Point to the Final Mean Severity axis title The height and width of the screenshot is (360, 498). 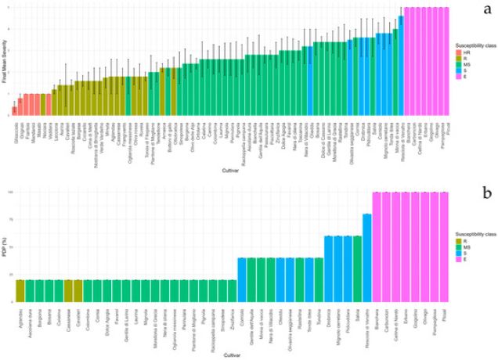pyautogui.click(x=6, y=63)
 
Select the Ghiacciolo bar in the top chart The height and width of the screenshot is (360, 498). pyautogui.click(x=14, y=110)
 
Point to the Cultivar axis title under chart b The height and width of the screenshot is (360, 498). pyautogui.click(x=229, y=353)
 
